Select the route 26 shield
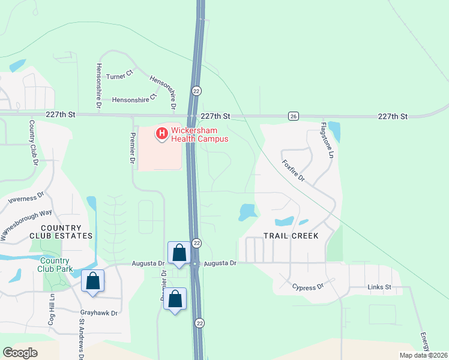pyautogui.click(x=293, y=116)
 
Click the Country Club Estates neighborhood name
pyautogui.click(x=68, y=232)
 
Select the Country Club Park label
pyautogui.click(x=56, y=265)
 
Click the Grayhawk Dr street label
pyautogui.click(x=99, y=312)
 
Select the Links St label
pyautogui.click(x=379, y=287)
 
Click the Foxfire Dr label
pyautogui.click(x=294, y=170)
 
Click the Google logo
pyautogui.click(x=20, y=353)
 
